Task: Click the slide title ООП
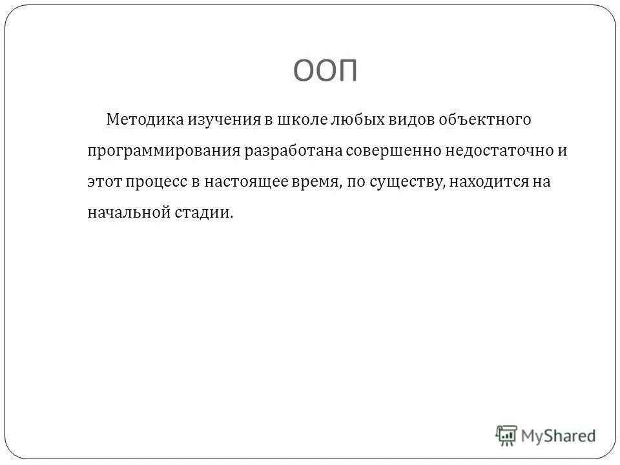pos(326,69)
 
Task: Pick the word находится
pos(488,182)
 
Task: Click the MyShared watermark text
pos(559,435)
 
